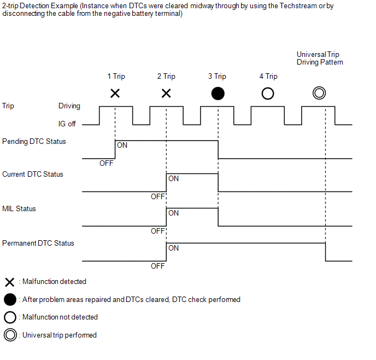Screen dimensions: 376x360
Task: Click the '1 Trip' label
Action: click(x=116, y=76)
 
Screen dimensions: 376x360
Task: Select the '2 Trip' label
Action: click(x=166, y=76)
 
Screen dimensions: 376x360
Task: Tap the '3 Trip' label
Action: click(x=217, y=76)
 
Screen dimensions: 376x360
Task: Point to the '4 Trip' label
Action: click(x=268, y=76)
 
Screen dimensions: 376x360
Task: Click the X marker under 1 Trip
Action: click(x=115, y=94)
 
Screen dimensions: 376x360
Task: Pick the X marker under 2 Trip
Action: click(x=166, y=94)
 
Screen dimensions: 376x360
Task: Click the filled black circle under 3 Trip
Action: click(x=218, y=94)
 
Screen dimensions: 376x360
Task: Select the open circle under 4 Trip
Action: click(x=262, y=94)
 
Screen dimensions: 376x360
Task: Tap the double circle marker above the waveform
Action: click(x=313, y=93)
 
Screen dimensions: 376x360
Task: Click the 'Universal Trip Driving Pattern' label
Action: click(x=320, y=59)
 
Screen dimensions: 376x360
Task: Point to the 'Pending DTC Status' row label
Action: click(x=34, y=141)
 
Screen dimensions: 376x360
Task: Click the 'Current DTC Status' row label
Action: click(x=33, y=174)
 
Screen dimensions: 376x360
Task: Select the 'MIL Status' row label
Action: click(x=19, y=209)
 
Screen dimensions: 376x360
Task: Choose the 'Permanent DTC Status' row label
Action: click(x=38, y=243)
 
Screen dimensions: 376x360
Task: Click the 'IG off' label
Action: click(x=67, y=124)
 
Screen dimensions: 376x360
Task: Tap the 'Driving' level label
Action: click(x=69, y=106)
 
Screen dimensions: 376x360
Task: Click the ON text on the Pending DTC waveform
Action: click(x=122, y=145)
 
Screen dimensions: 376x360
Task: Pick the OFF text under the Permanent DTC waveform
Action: click(x=158, y=266)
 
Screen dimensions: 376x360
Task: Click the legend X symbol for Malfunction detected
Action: click(x=10, y=282)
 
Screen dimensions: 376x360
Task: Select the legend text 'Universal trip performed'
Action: click(x=60, y=335)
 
